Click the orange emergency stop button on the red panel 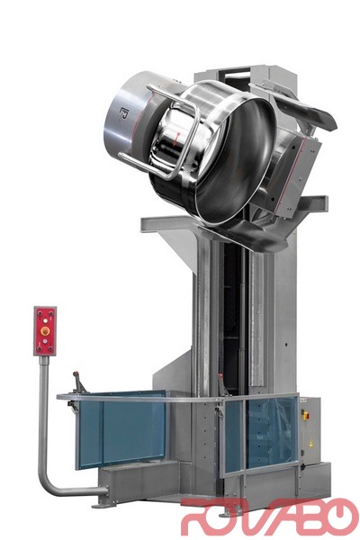(x=45, y=331)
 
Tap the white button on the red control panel (x=45, y=321)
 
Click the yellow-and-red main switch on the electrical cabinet (x=305, y=415)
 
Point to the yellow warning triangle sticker (x=310, y=443)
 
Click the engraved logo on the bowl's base (x=123, y=113)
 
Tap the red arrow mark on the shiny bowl (x=175, y=139)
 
